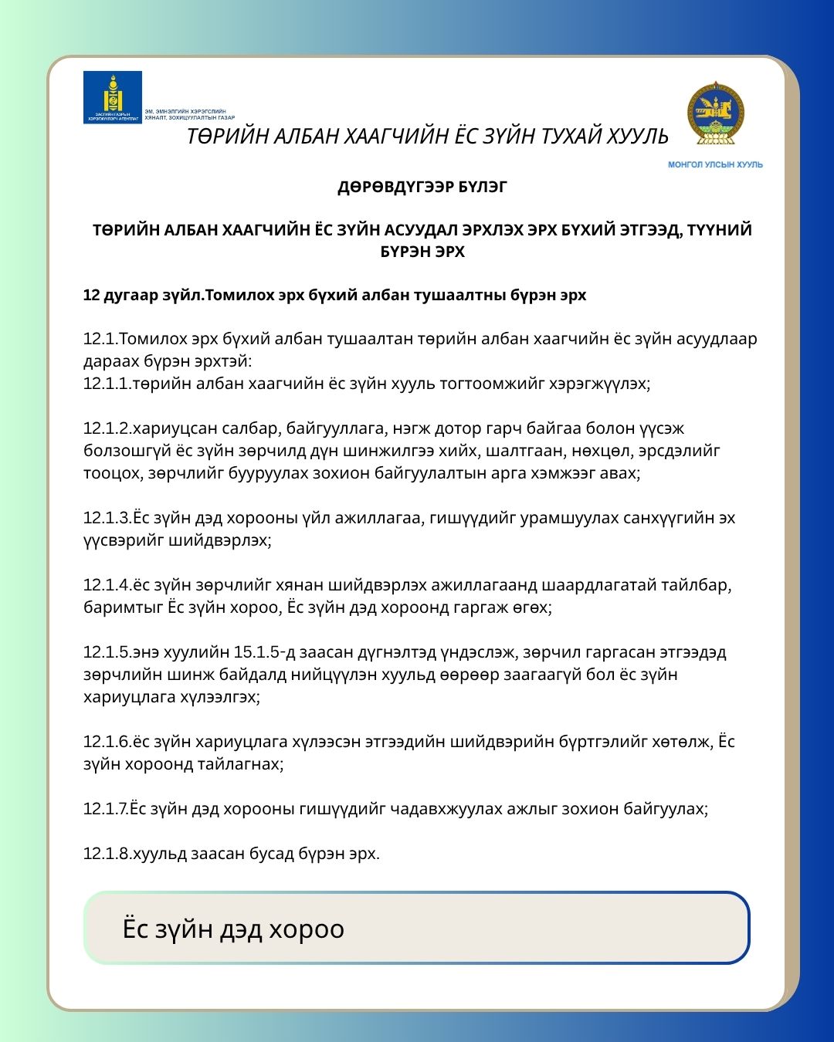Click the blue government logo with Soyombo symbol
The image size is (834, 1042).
click(113, 97)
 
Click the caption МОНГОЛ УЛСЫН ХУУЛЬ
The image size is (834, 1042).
click(715, 164)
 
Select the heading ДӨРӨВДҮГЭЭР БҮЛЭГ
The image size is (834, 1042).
click(422, 187)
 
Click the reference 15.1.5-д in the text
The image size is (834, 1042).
click(266, 652)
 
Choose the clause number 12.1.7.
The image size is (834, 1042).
click(107, 809)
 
